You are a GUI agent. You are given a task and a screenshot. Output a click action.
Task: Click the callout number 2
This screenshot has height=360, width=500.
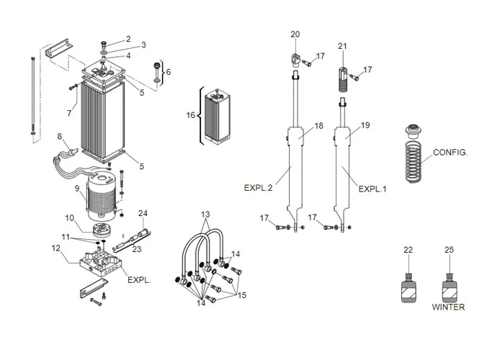tap(128, 39)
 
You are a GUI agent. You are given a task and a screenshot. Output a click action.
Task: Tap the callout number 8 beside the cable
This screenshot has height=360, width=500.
tap(60, 135)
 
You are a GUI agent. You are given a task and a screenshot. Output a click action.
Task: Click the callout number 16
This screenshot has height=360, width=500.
tap(191, 114)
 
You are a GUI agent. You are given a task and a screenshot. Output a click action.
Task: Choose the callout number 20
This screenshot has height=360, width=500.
tap(295, 35)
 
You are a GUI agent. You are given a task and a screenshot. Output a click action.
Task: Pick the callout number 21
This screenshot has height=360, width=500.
tap(343, 47)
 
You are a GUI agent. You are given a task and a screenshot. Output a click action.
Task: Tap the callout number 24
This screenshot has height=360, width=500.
tap(143, 213)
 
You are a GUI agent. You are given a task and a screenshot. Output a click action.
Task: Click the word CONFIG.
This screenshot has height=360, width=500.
tap(450, 153)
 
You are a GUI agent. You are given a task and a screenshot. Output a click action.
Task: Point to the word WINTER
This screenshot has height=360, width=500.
tap(448, 307)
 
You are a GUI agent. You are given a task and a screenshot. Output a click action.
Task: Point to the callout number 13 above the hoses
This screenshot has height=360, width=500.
tap(205, 215)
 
